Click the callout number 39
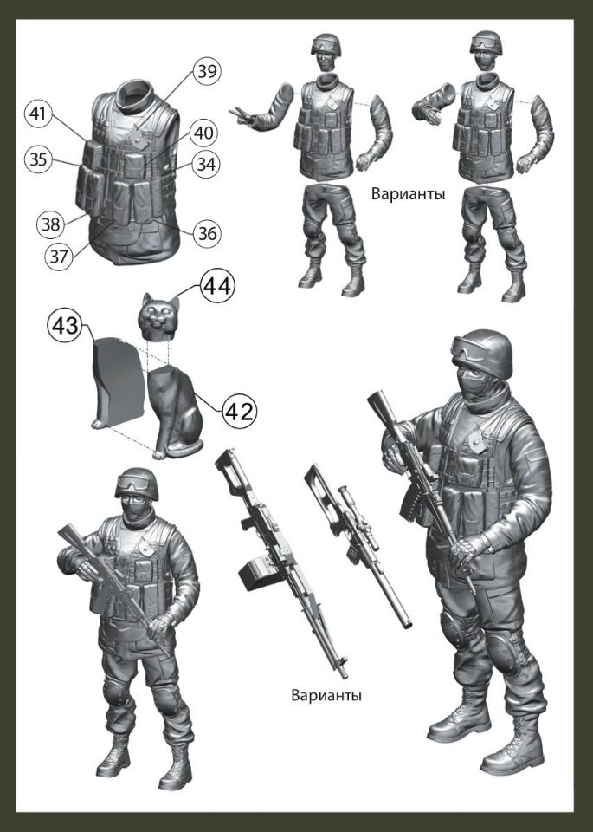206,72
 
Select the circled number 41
37,114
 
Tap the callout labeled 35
37,159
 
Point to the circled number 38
50,224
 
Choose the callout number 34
205,163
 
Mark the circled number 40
202,133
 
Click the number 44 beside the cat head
218,286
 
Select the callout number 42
239,411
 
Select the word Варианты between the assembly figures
407,193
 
